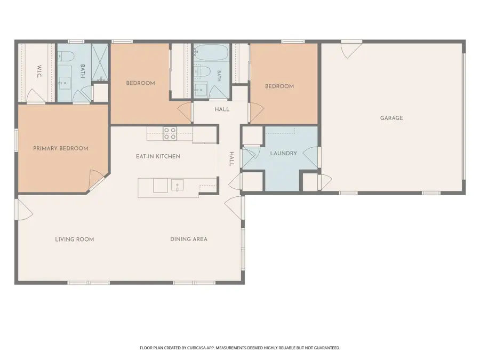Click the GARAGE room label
click(391, 118)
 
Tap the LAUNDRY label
click(284, 153)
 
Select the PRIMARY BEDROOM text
click(61, 148)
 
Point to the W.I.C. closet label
click(39, 71)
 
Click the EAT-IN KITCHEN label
click(158, 156)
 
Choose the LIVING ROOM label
click(74, 239)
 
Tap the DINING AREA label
click(189, 239)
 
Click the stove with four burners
click(170, 133)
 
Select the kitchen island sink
click(177, 185)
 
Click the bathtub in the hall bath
click(211, 53)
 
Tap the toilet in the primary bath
click(67, 56)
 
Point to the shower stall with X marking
click(100, 62)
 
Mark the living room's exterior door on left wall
click(24, 209)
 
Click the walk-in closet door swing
click(36, 96)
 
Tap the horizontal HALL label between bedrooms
click(222, 109)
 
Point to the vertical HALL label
click(232, 159)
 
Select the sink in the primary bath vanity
click(65, 83)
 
